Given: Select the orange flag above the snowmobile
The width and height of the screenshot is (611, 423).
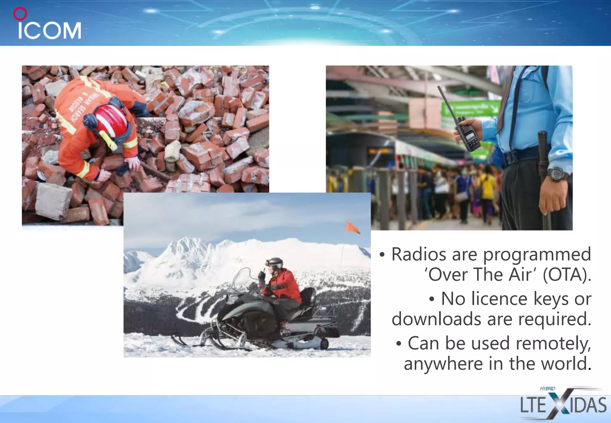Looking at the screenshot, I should pos(352,227).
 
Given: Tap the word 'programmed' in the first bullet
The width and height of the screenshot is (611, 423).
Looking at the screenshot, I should pos(537,254).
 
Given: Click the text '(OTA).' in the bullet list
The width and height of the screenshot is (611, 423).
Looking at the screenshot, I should pos(567,274).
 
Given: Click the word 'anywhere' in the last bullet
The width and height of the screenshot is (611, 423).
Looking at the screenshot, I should pos(443,364).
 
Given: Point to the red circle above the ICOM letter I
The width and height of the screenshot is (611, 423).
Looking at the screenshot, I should pos(20,14).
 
